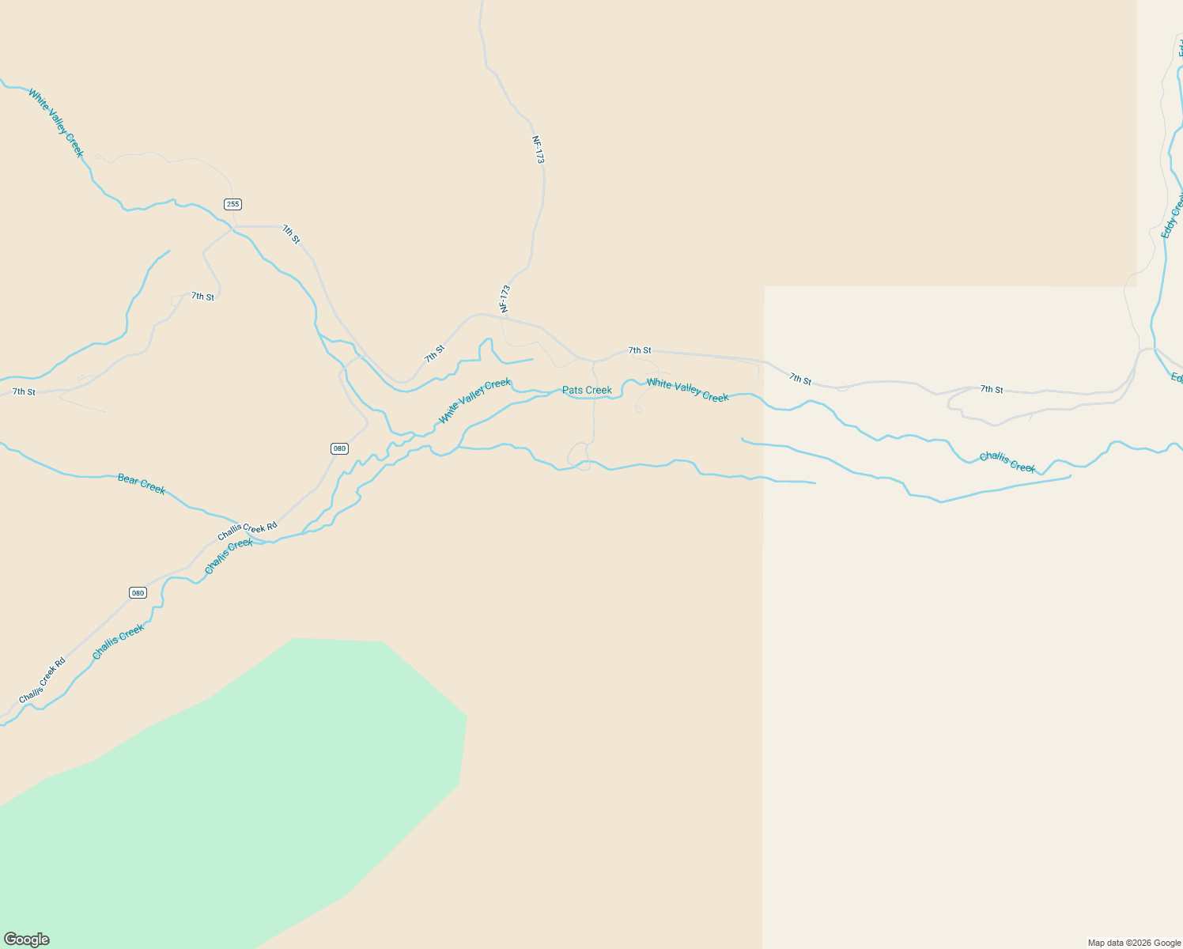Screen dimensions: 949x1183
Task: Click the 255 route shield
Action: coord(232,204)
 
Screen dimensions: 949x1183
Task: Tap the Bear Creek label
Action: coord(142,483)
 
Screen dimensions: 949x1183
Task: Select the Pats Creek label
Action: coord(587,390)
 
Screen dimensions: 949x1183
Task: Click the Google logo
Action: coord(26,940)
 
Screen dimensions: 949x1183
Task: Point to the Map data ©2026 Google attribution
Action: coord(1134,943)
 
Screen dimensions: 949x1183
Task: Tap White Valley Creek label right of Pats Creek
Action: coord(687,390)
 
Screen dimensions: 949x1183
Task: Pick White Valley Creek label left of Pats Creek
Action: coord(474,400)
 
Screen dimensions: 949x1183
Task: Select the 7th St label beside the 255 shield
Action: coord(291,234)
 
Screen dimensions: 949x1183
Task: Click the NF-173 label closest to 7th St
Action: coord(505,299)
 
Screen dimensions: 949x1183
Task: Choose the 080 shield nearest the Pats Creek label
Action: coord(339,448)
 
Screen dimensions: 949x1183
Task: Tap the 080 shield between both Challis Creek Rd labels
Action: coord(138,592)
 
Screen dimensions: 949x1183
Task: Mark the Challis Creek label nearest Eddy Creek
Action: coord(1007,462)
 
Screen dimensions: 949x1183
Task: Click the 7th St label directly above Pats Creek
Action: coord(640,350)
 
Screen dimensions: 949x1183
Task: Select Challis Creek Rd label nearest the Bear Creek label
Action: coord(248,531)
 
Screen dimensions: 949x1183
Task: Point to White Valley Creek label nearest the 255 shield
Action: coord(55,123)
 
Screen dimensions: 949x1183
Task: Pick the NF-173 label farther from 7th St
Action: coord(539,149)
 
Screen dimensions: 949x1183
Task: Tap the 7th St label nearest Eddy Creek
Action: coord(992,389)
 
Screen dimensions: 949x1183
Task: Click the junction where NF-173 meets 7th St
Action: coord(503,316)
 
